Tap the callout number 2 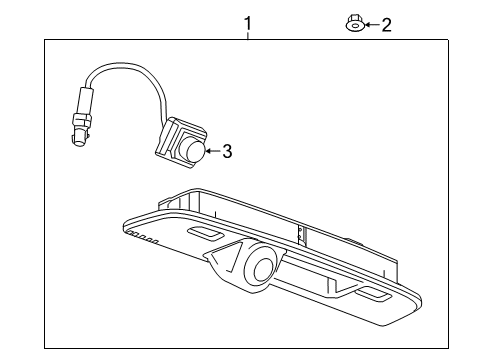coord(386,24)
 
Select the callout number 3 coord(227,152)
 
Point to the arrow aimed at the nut coord(371,24)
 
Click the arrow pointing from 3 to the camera coord(212,152)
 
